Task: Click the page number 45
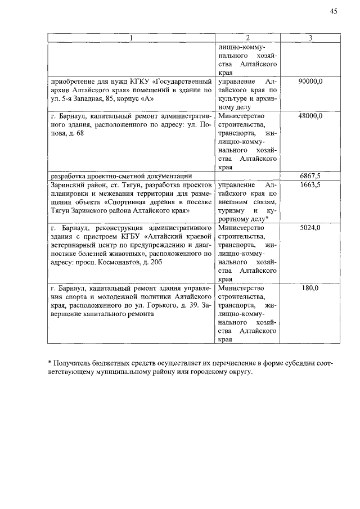pos(334,11)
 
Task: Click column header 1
pos(131,38)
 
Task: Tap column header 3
pos(310,38)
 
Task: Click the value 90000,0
pos(310,82)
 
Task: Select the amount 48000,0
pos(310,116)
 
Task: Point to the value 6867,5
pos(310,176)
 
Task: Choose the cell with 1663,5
pos(310,184)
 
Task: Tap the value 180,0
pos(310,288)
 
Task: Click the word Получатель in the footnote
pos(73,364)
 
